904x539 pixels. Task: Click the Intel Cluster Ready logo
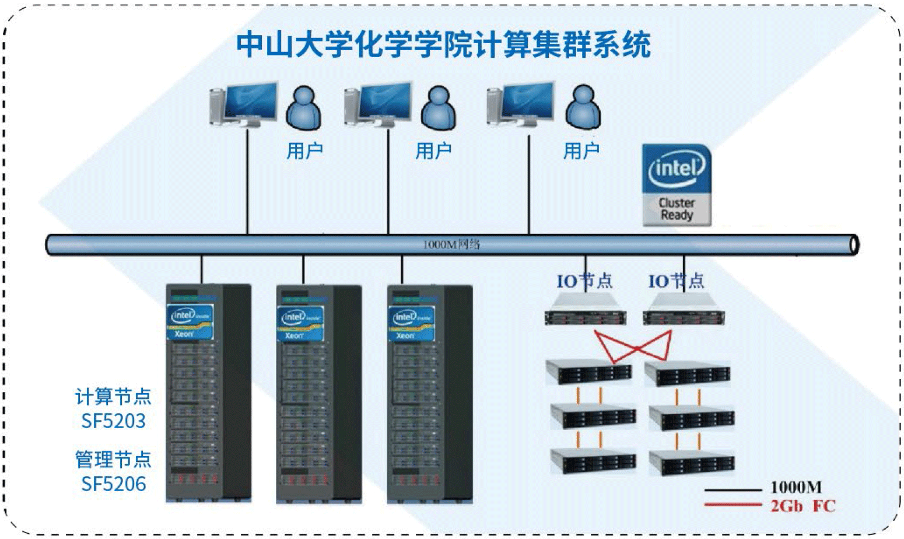click(x=677, y=185)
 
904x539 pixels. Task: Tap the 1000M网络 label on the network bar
click(x=451, y=244)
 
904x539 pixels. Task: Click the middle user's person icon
click(x=438, y=108)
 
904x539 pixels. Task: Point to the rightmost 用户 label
click(x=581, y=151)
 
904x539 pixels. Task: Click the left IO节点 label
click(x=584, y=281)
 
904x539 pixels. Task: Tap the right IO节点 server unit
click(x=684, y=310)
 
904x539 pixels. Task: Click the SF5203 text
click(x=113, y=421)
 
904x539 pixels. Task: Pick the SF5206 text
click(x=114, y=484)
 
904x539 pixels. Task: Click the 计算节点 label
click(x=113, y=397)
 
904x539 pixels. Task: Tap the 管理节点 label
click(x=113, y=460)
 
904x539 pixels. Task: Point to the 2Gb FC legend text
click(x=803, y=506)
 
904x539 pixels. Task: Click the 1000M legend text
click(x=796, y=488)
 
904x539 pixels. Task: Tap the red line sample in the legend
click(x=733, y=505)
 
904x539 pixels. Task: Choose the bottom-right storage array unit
click(x=692, y=461)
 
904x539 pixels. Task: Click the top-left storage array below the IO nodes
click(x=589, y=372)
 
